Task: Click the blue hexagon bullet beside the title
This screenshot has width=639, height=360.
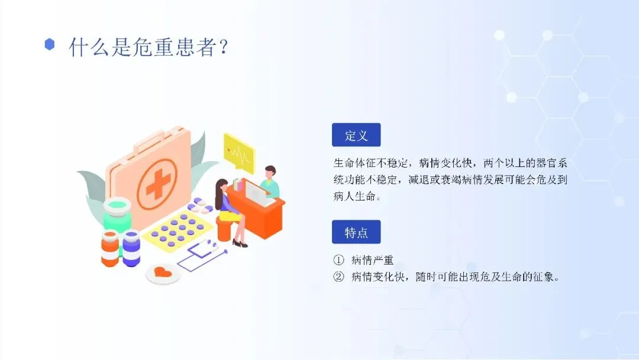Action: click(49, 44)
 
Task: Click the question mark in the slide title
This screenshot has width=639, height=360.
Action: click(223, 47)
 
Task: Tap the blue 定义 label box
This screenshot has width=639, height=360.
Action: click(356, 135)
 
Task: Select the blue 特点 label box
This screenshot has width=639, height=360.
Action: click(356, 232)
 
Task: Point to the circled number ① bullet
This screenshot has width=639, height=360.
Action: click(338, 260)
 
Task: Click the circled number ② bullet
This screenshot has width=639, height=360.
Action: click(338, 277)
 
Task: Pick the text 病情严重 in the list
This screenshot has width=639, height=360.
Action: click(373, 260)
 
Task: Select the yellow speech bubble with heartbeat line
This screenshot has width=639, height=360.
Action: click(239, 152)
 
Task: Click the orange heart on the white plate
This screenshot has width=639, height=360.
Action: click(163, 271)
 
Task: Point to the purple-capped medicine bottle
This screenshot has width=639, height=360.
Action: click(131, 248)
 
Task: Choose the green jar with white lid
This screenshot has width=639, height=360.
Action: click(117, 214)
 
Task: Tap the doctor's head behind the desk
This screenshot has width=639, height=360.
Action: click(270, 172)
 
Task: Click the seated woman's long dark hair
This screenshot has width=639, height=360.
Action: click(220, 192)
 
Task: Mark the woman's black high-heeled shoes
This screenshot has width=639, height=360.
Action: click(240, 244)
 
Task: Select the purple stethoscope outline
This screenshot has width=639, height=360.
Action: click(201, 255)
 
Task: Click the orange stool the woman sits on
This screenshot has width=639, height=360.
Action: click(224, 229)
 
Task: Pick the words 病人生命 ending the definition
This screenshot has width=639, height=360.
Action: click(354, 196)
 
